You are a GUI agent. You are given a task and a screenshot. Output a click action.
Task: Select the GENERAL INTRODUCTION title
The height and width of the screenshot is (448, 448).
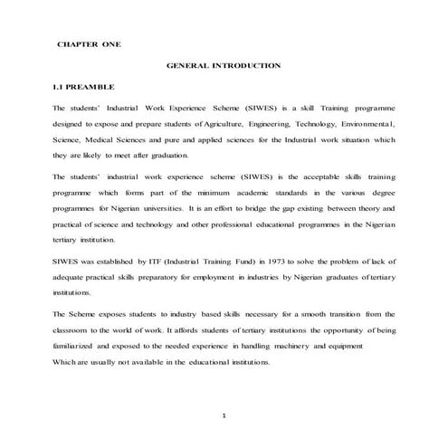[x=224, y=65]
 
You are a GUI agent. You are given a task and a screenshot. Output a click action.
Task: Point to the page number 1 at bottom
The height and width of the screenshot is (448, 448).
[x=224, y=415]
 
